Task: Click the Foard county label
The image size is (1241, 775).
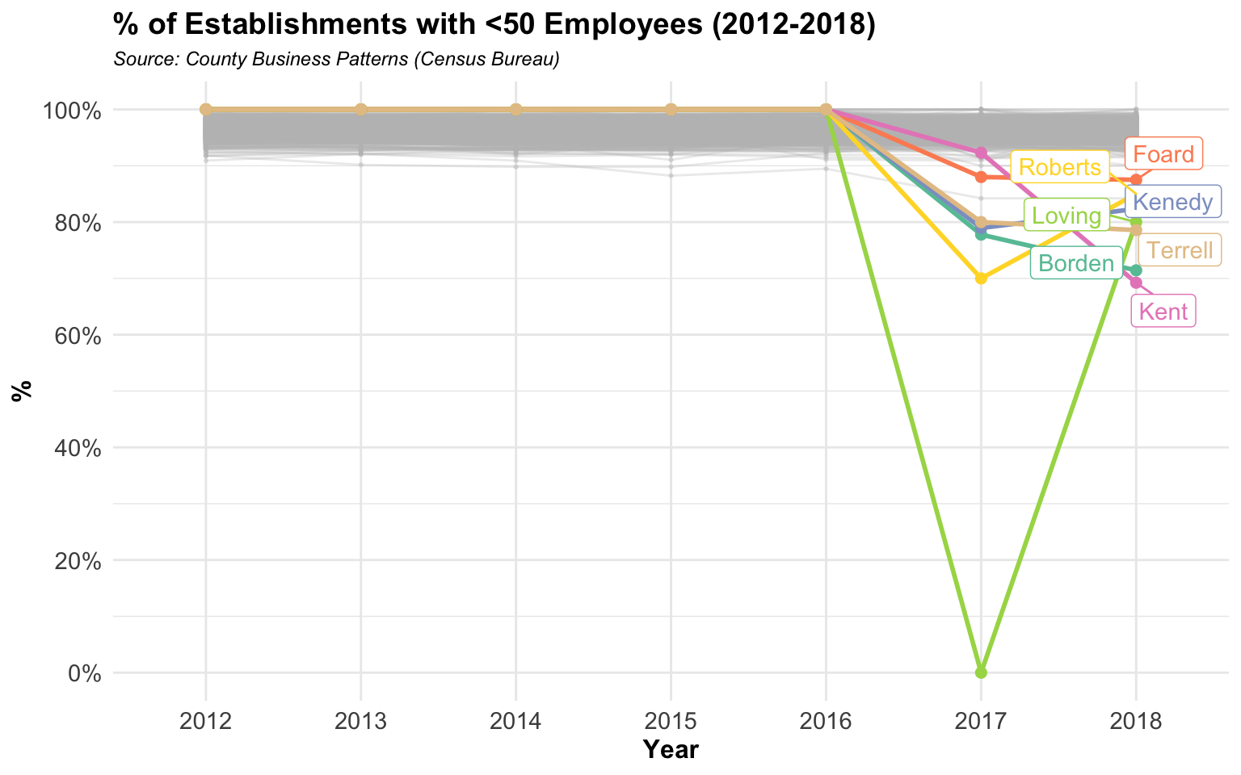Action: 1163,154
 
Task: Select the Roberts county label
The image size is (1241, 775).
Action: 1059,167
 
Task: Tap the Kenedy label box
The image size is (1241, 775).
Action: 1173,202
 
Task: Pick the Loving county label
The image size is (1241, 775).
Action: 1066,216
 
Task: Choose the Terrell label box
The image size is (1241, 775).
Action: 1180,250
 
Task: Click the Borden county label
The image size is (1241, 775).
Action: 1075,263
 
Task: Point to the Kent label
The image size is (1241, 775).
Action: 1163,311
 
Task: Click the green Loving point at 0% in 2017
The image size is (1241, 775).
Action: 981,672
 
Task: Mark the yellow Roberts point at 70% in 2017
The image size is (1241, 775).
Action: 981,278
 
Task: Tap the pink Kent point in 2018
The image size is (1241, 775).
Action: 1136,283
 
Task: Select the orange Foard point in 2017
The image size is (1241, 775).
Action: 981,177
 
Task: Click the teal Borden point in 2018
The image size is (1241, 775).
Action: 1136,270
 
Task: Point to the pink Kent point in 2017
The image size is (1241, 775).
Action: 981,153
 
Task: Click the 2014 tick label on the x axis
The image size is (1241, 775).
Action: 515,720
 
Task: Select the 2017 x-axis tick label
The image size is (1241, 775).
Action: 981,720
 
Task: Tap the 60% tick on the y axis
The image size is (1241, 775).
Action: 78,335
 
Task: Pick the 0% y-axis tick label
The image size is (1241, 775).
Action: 84,672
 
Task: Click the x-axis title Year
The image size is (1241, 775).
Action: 671,750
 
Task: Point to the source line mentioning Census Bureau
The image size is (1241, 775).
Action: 336,60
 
